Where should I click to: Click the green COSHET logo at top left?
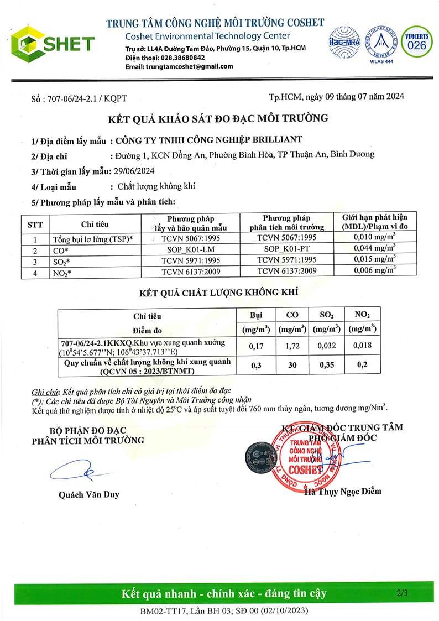coord(53,43)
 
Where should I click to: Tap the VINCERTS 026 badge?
coord(417,41)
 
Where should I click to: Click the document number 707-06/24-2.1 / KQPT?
coord(79,98)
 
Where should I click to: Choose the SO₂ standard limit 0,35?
coord(326,366)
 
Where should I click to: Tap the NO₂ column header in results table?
coord(362,315)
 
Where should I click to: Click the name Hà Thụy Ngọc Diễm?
coord(343,491)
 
